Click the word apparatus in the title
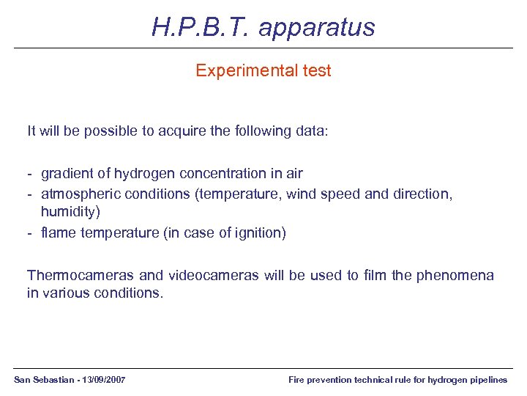click(316, 28)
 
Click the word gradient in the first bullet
click(67, 174)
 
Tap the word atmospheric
click(81, 194)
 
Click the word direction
click(423, 194)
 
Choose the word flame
click(57, 233)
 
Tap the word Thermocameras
click(81, 276)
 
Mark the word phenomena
click(455, 276)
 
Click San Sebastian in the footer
click(42, 380)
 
